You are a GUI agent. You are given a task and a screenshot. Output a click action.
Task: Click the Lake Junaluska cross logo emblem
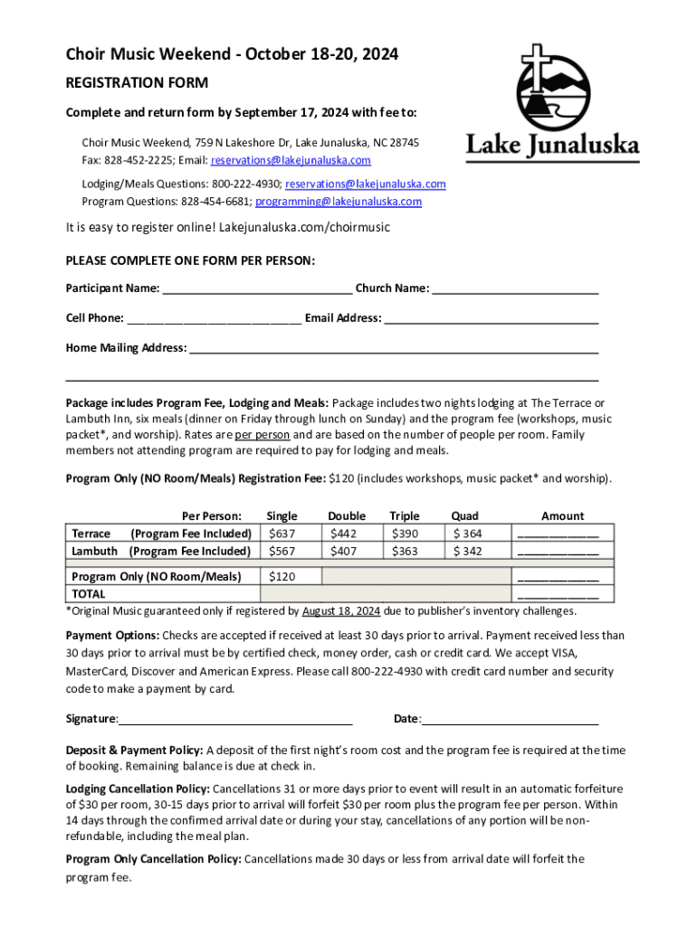(x=552, y=85)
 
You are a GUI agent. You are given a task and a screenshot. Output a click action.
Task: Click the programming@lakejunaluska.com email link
(x=339, y=202)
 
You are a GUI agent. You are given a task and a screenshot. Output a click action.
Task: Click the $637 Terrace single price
(x=282, y=534)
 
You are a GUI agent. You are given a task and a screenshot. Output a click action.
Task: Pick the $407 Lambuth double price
(x=344, y=551)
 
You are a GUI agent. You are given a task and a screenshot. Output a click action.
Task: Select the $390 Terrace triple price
(x=404, y=534)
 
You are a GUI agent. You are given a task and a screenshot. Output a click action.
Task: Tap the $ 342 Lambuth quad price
(x=467, y=551)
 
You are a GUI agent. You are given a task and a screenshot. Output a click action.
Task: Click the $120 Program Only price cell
(x=282, y=576)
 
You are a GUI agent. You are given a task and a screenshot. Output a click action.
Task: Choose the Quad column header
(x=464, y=515)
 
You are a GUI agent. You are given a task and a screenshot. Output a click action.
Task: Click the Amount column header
(x=562, y=515)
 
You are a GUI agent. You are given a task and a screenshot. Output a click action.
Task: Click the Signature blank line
(x=235, y=721)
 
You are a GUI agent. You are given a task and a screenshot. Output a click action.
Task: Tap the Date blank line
(x=511, y=721)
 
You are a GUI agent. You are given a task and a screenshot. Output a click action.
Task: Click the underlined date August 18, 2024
(x=341, y=611)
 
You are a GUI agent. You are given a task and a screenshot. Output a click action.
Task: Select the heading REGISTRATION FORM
(x=137, y=83)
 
